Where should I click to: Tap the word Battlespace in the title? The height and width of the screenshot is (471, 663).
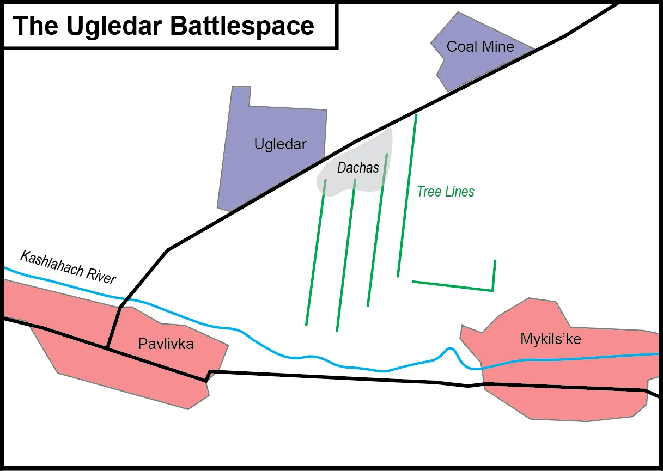click(242, 26)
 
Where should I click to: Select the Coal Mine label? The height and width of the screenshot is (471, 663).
click(480, 46)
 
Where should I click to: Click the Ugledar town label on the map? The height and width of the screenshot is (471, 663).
click(280, 145)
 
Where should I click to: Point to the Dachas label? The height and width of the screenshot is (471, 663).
click(358, 168)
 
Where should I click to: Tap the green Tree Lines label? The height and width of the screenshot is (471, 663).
click(446, 192)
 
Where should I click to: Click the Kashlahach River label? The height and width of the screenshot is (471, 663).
click(68, 267)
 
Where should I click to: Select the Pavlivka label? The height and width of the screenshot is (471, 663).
click(166, 344)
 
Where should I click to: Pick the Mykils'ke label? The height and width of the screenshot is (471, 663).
click(551, 339)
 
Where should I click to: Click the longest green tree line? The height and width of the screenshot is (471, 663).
click(407, 195)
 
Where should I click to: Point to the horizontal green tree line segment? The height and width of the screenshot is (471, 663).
click(452, 286)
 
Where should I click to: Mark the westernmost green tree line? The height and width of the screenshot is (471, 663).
click(316, 252)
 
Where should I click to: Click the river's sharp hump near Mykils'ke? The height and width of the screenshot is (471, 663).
click(450, 348)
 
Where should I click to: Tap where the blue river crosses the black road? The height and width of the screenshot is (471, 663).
click(124, 299)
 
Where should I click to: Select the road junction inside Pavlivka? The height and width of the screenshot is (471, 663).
click(108, 348)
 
